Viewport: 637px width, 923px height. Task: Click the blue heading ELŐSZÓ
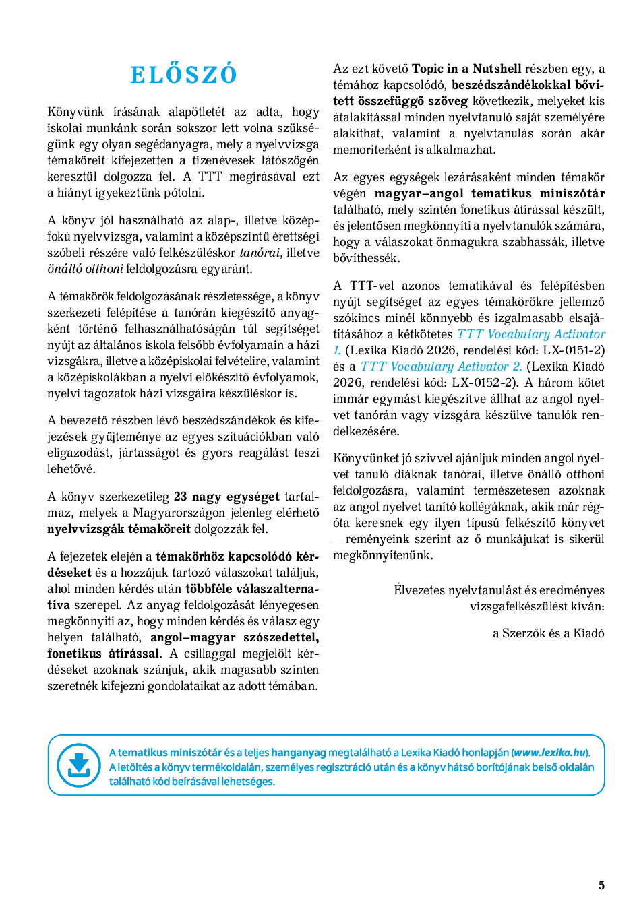click(183, 75)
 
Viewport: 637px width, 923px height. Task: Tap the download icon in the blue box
click(79, 765)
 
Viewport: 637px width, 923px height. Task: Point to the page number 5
click(601, 885)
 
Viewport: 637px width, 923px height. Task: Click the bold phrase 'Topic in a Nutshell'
click(466, 69)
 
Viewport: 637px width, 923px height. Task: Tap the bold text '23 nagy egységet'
click(226, 497)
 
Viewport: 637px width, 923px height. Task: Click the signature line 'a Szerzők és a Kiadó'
click(548, 633)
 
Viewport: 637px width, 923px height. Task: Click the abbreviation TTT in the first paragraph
click(210, 177)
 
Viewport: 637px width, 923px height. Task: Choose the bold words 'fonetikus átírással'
click(104, 654)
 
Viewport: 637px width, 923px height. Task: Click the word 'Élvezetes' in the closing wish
click(419, 590)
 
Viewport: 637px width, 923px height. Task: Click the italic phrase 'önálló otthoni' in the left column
click(85, 269)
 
